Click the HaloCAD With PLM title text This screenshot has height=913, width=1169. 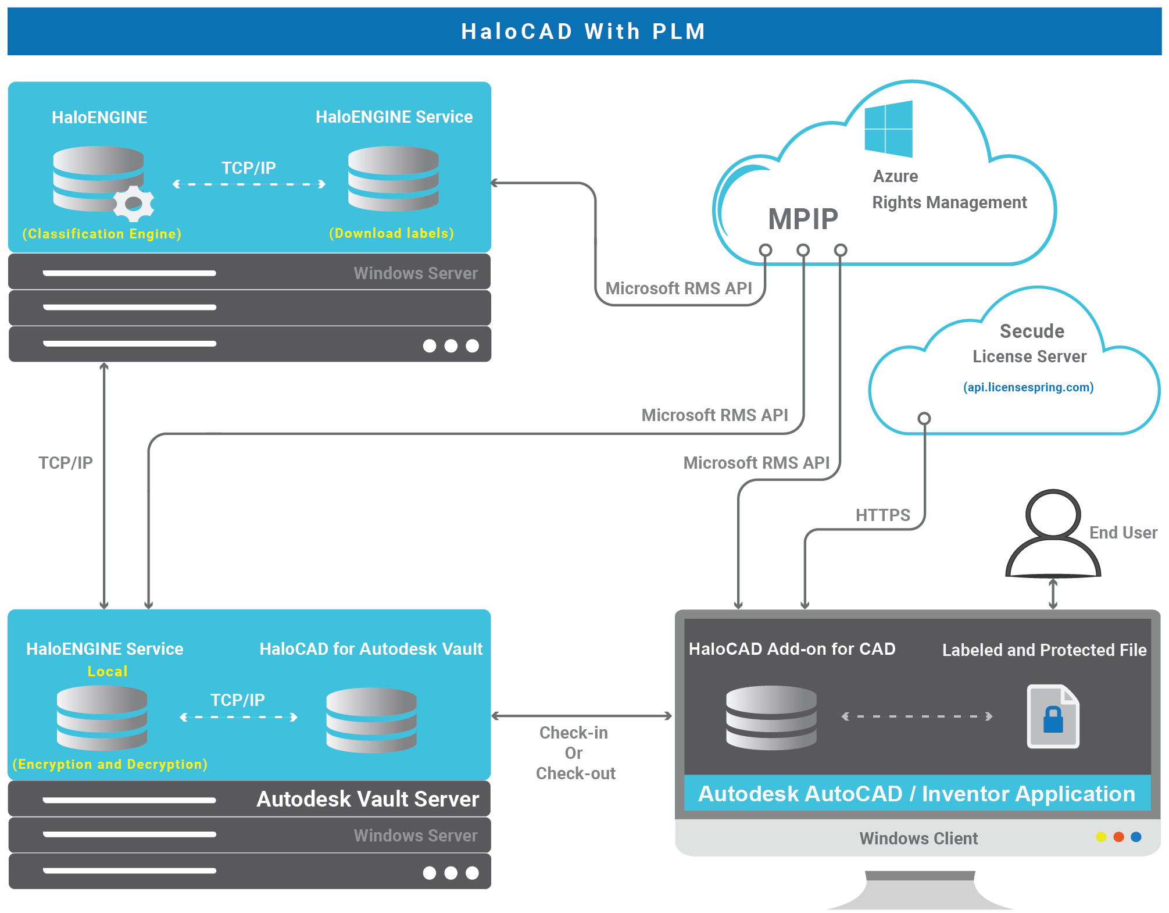pos(584,31)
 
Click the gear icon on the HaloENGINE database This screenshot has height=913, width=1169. pos(134,204)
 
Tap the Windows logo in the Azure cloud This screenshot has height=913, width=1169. pos(888,129)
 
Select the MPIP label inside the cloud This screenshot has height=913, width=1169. pos(803,219)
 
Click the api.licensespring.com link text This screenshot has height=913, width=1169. pos(1028,387)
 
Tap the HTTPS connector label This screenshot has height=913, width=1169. pos(882,515)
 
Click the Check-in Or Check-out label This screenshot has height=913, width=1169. pos(574,753)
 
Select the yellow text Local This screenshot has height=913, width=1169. pos(107,671)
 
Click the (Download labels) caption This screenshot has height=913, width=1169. pos(391,233)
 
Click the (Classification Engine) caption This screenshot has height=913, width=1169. pos(102,234)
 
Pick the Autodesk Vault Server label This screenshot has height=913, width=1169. pos(368,799)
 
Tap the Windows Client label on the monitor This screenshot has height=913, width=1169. pos(918,839)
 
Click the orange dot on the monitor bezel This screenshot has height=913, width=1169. pos(1118,837)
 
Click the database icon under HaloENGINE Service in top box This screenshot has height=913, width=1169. pos(393,179)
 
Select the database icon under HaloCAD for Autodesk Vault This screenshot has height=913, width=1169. pos(371,720)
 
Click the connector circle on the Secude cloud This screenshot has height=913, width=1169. pos(924,418)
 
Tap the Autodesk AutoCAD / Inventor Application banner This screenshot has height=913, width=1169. pos(917,794)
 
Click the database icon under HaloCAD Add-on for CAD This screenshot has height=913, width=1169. pos(771,718)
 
